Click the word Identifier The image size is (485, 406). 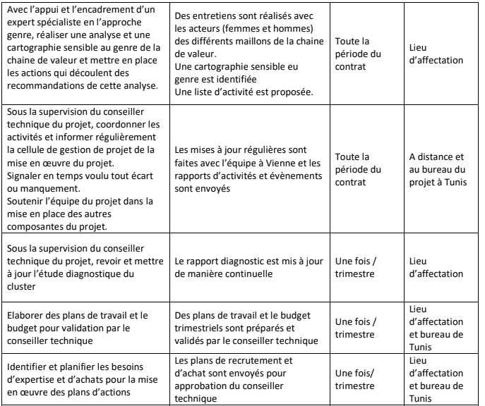click(26, 365)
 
